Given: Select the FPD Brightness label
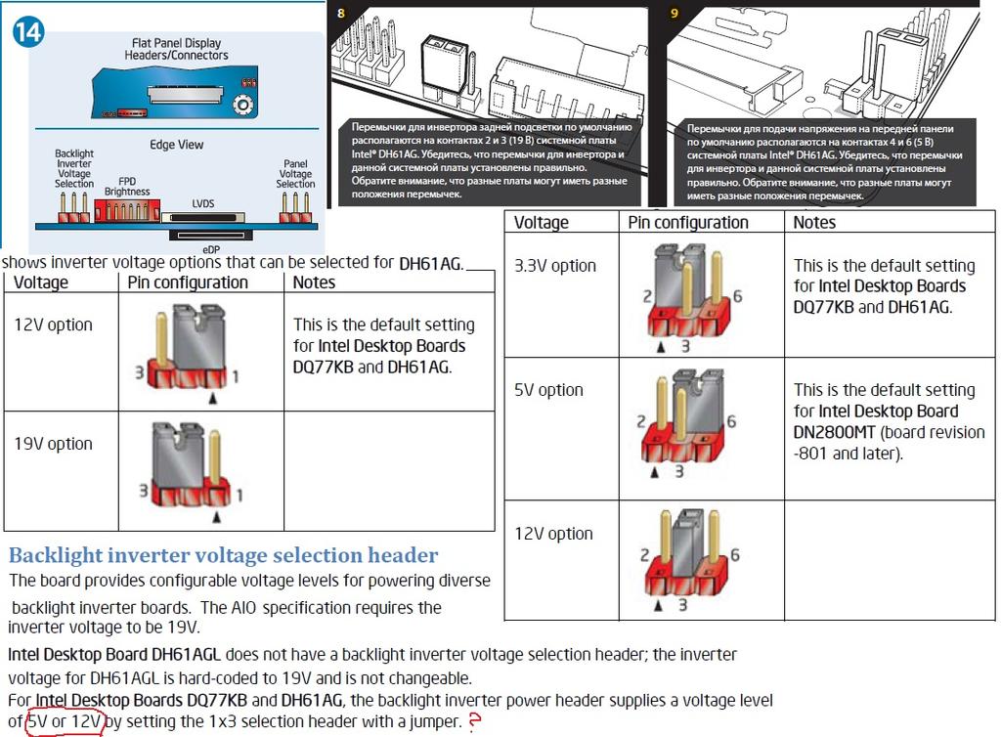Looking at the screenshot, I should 127,186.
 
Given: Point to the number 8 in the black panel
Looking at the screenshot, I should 340,14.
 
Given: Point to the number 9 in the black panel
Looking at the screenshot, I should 675,14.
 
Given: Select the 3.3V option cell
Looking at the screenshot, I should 554,266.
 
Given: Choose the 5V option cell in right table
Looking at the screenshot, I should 548,390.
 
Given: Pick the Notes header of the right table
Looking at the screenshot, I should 814,222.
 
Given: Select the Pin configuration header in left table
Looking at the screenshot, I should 188,282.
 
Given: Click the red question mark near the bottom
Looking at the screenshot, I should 476,721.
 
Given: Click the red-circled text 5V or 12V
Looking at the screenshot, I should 65,721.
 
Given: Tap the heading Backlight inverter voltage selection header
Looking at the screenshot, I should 223,555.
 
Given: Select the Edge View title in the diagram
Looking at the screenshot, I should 176,145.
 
